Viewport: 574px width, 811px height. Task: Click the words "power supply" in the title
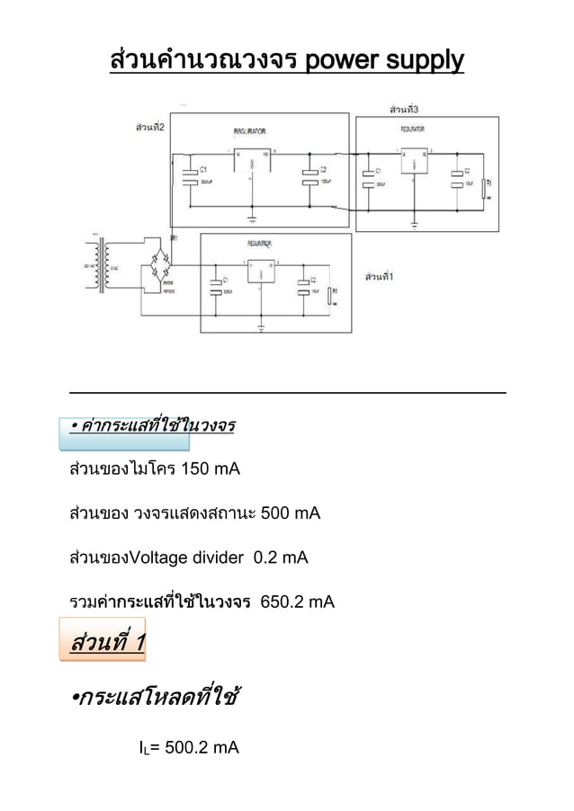point(384,61)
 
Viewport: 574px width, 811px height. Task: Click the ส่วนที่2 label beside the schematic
point(148,128)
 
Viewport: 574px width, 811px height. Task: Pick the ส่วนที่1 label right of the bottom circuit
point(380,275)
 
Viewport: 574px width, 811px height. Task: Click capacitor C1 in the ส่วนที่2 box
point(190,176)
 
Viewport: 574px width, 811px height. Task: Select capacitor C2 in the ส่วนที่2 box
point(310,176)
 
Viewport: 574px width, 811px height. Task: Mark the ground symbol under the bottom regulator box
point(261,324)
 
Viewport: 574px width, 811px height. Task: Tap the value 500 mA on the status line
point(290,513)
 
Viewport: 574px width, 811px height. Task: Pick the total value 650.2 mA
point(297,602)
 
